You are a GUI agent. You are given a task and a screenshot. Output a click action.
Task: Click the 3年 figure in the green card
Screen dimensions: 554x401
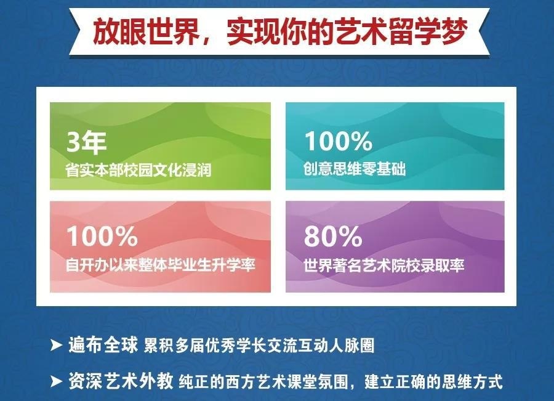click(86, 142)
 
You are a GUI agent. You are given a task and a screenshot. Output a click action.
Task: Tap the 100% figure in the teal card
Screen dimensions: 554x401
click(338, 141)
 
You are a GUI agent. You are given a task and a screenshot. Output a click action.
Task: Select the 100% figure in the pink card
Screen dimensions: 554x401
click(102, 236)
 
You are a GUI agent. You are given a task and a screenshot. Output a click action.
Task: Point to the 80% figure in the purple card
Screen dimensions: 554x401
click(333, 236)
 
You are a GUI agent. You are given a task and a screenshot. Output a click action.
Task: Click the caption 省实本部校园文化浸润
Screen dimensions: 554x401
click(138, 170)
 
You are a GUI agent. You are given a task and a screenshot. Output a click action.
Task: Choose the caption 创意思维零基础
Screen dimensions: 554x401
click(355, 169)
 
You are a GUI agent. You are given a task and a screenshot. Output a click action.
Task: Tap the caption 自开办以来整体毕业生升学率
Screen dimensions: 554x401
click(161, 264)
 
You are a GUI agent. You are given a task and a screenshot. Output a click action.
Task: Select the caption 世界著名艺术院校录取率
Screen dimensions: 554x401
click(383, 265)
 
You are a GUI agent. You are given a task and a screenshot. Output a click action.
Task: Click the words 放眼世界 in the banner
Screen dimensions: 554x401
click(146, 31)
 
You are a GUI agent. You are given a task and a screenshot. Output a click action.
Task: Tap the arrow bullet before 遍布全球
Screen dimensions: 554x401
click(57, 345)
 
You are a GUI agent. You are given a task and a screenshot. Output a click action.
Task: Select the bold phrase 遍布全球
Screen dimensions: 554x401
click(103, 345)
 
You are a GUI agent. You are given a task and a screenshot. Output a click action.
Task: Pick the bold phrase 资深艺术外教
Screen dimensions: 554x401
click(121, 381)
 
